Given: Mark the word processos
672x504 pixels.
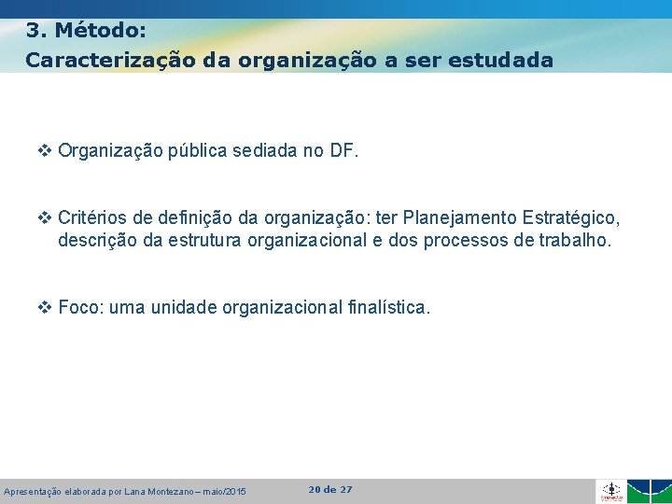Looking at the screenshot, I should click(459, 240).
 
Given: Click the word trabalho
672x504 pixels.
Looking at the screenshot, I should click(573, 240).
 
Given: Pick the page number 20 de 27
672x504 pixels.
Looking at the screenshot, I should click(329, 489).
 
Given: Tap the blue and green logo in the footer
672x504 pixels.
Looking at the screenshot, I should click(649, 491).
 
